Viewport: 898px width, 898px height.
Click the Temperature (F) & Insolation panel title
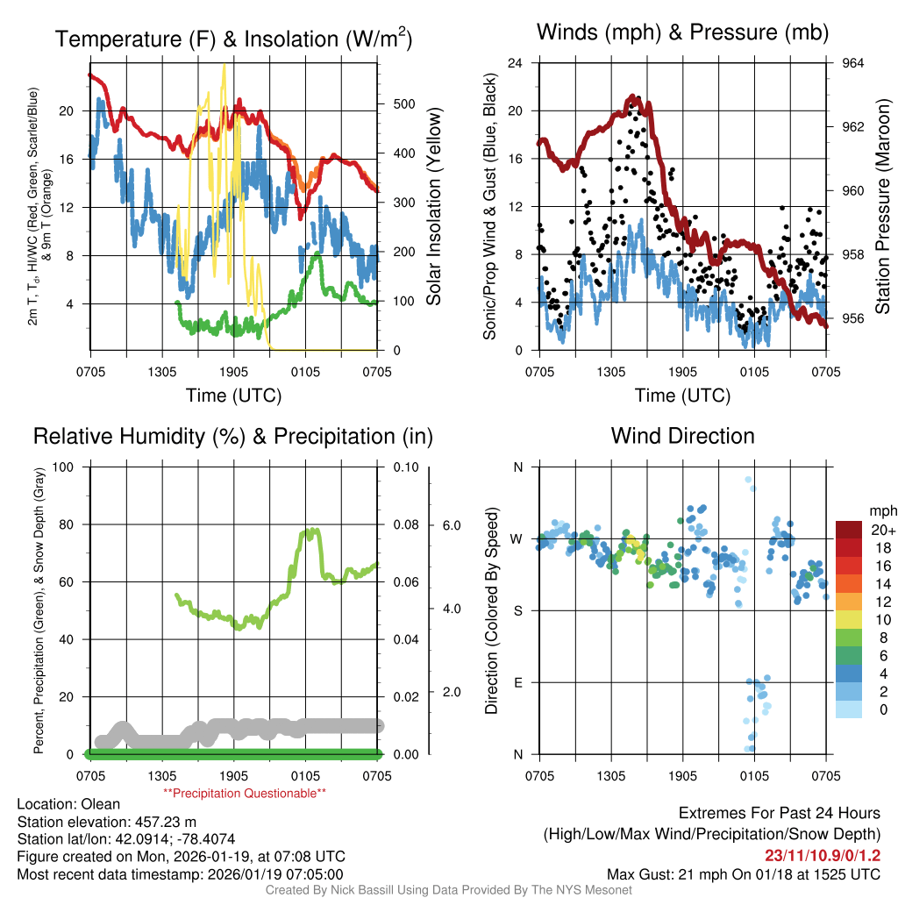point(233,39)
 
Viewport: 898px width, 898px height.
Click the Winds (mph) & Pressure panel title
point(682,32)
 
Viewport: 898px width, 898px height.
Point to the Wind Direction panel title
point(682,436)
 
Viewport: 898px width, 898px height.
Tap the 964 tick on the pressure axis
point(853,63)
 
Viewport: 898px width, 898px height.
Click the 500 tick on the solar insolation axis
point(403,103)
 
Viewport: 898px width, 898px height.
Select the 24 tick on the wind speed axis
point(517,63)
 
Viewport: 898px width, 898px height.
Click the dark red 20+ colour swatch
point(850,530)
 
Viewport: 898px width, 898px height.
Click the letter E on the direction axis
point(517,682)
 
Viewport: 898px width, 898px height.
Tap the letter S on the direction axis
point(517,610)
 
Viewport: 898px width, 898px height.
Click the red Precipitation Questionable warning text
point(245,794)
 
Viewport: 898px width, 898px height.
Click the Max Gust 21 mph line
point(744,873)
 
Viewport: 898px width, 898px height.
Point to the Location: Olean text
point(68,803)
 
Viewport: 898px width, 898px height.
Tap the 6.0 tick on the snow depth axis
point(452,525)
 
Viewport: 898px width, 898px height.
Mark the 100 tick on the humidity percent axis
point(64,467)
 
